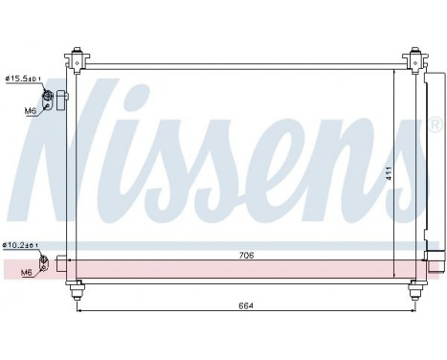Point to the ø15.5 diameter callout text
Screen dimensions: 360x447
[x=22, y=79]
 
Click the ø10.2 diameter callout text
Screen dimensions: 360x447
[x=20, y=245]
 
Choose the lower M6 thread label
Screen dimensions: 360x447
[x=27, y=273]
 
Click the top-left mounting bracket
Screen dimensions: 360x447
[x=76, y=58]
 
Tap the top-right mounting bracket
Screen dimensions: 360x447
[x=413, y=58]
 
